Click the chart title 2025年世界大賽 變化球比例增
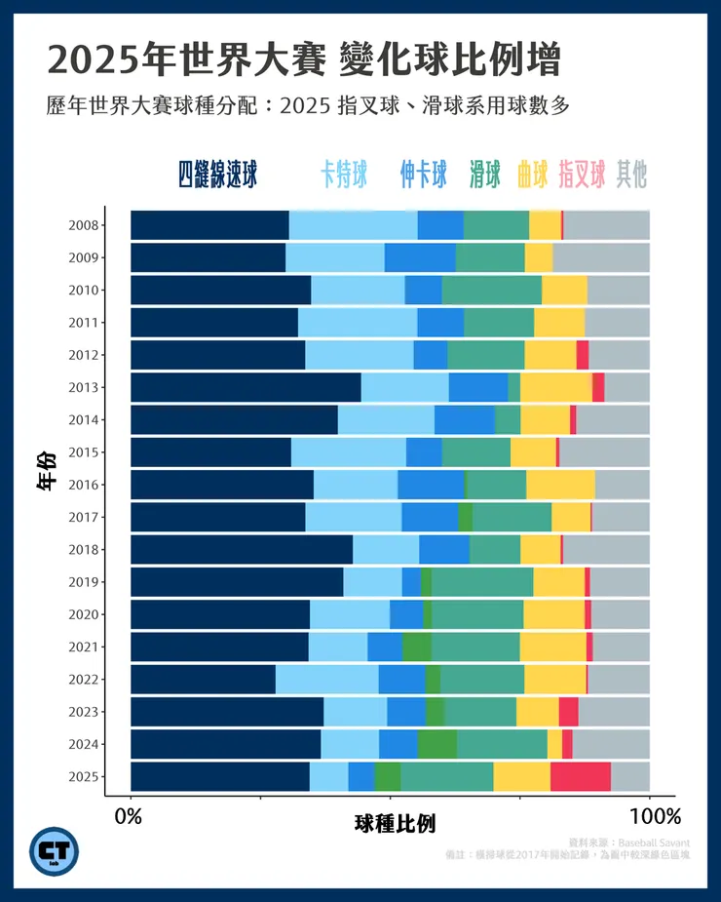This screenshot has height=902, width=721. [x=303, y=60]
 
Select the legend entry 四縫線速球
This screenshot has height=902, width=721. [x=217, y=175]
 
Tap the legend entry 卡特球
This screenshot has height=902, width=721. [x=344, y=175]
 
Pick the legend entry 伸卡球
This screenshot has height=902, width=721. [x=423, y=175]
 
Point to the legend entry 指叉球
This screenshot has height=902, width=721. [x=583, y=175]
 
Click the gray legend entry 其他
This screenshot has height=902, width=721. [x=631, y=175]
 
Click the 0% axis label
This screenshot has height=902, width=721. [x=130, y=816]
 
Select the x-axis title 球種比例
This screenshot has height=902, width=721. [x=395, y=825]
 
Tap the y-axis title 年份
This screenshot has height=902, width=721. [x=46, y=470]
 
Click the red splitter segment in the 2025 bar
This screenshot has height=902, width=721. [x=580, y=776]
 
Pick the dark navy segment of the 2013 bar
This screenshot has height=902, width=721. [x=246, y=387]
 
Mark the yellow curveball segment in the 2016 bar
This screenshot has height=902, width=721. [x=560, y=485]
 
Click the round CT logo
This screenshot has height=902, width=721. [x=55, y=851]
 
